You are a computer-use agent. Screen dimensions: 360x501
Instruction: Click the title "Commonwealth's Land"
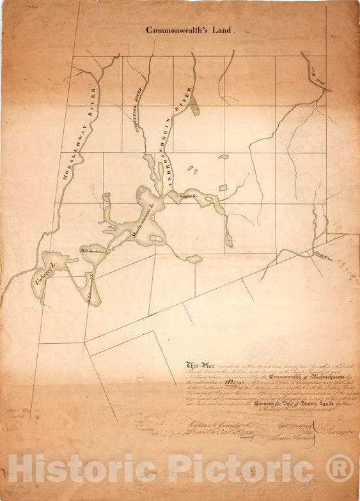pyautogui.click(x=191, y=29)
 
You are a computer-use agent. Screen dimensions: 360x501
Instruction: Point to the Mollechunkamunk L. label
pyautogui.click(x=95, y=252)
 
